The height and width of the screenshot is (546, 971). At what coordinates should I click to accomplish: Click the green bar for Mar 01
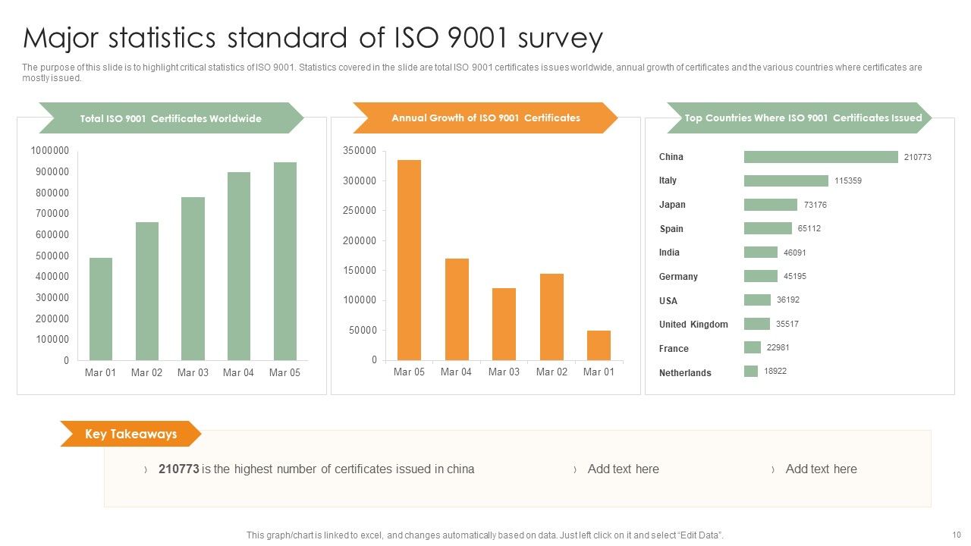click(x=101, y=309)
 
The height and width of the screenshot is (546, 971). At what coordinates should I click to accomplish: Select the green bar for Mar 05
click(x=285, y=262)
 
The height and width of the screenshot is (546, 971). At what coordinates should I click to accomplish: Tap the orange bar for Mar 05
click(x=409, y=260)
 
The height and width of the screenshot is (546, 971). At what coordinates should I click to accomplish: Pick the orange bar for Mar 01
click(x=599, y=346)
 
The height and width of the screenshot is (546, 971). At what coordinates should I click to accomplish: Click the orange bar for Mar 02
click(x=551, y=317)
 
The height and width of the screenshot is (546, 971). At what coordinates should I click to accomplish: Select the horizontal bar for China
click(x=821, y=157)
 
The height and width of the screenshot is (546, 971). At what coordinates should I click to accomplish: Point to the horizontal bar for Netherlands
click(x=751, y=372)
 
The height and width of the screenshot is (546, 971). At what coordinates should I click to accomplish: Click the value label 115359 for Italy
click(x=848, y=181)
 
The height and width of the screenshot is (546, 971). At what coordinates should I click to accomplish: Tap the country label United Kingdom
click(x=693, y=325)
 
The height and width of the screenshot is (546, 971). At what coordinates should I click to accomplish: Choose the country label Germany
click(x=678, y=277)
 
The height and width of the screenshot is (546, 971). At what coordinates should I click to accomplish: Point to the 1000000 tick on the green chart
click(x=50, y=151)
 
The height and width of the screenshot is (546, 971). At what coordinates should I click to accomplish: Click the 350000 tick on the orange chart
click(x=360, y=151)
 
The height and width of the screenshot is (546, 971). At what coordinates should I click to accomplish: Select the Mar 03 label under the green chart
click(x=193, y=372)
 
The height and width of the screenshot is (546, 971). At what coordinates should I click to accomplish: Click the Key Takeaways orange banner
click(x=130, y=435)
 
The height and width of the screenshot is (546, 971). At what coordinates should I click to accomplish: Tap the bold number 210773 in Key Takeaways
click(x=178, y=469)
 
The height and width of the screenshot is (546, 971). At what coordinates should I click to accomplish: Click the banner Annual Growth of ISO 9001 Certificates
click(x=485, y=118)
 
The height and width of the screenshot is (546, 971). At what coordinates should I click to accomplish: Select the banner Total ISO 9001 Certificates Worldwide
click(x=171, y=118)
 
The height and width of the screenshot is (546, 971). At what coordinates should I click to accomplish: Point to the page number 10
click(x=955, y=535)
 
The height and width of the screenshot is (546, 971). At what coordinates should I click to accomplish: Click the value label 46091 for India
click(x=795, y=253)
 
